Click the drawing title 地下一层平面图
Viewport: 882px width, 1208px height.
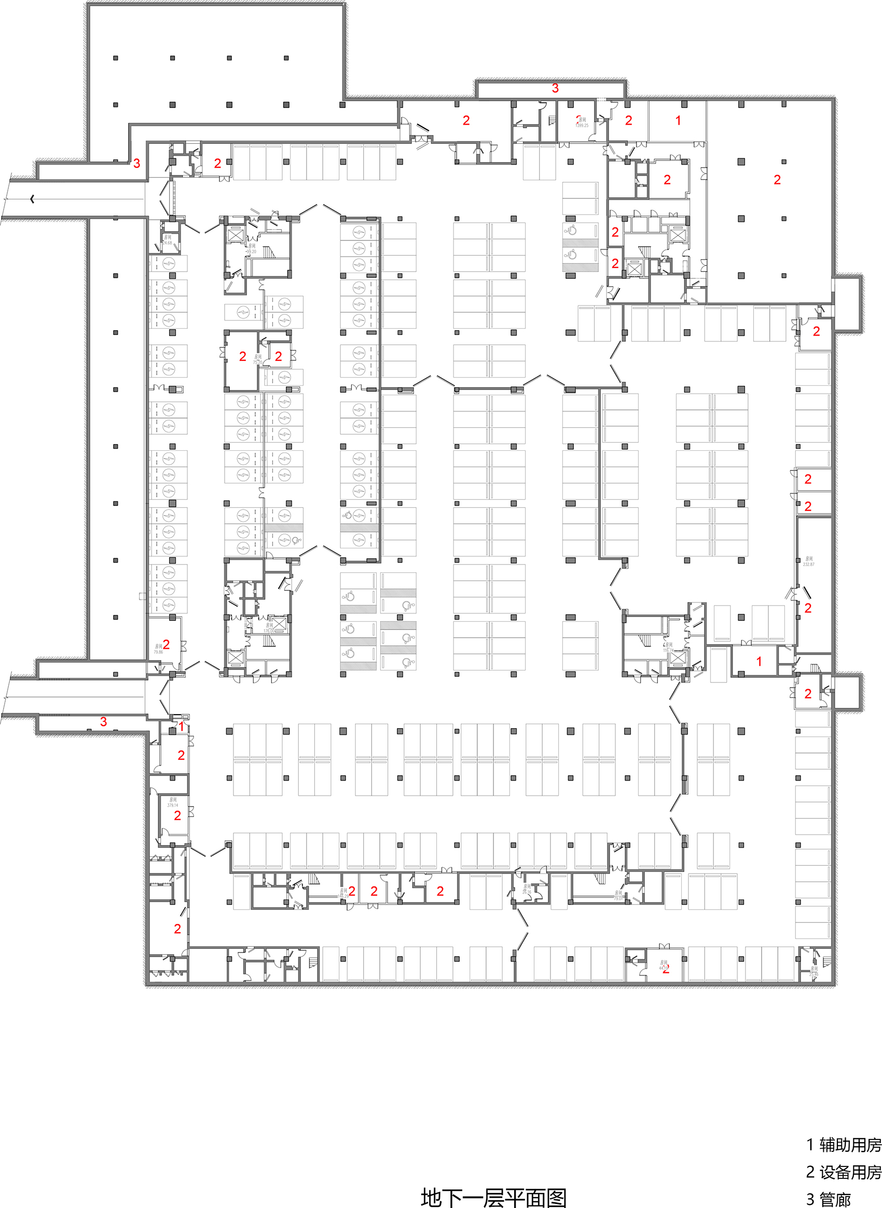click(493, 1197)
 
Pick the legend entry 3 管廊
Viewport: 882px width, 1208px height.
click(828, 1199)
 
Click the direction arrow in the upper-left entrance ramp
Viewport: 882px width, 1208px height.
click(33, 199)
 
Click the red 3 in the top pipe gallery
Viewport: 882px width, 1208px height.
click(555, 88)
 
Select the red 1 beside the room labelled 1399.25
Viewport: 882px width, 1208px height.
click(678, 120)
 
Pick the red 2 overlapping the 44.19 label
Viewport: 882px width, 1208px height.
click(666, 969)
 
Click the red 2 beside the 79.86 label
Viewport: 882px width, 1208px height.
click(166, 645)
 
